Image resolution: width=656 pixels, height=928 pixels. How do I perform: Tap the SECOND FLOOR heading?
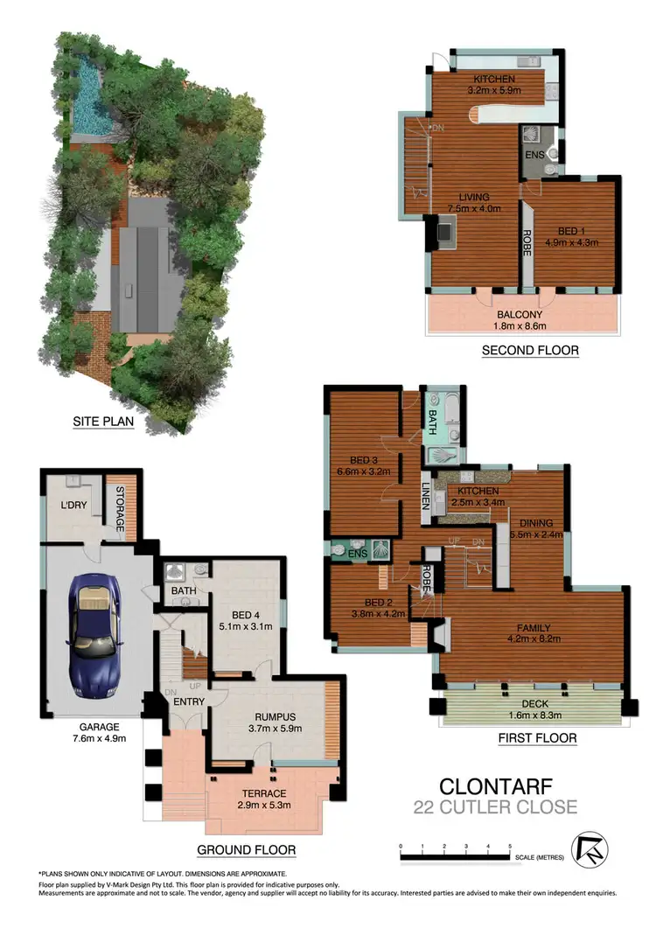tap(530, 351)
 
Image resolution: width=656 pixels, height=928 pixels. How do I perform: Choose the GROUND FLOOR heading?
tap(246, 849)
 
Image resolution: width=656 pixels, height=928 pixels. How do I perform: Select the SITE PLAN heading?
tap(108, 423)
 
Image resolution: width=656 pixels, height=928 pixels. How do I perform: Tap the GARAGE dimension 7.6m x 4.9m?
tap(95, 737)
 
